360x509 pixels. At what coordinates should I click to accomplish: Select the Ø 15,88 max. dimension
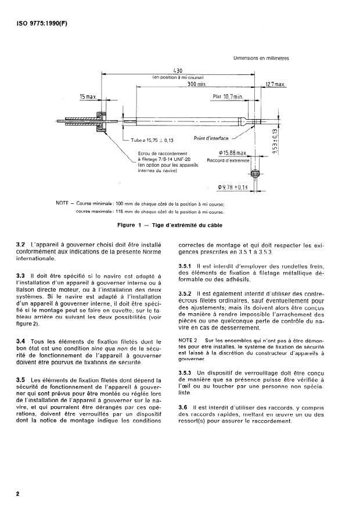point(231,152)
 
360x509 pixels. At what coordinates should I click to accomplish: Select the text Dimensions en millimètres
point(261,58)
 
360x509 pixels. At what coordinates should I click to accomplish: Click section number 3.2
point(21,245)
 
